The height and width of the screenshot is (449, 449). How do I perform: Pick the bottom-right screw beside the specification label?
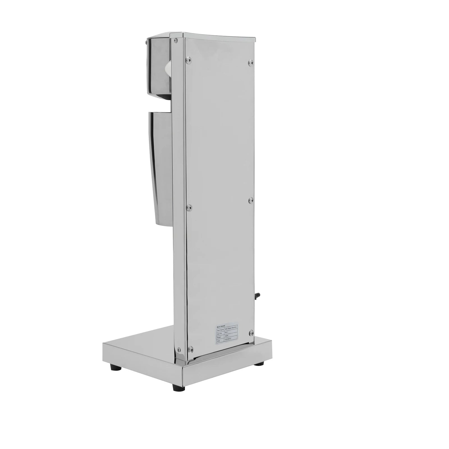(x=251, y=332)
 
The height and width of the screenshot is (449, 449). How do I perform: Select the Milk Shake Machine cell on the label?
(x=231, y=327)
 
